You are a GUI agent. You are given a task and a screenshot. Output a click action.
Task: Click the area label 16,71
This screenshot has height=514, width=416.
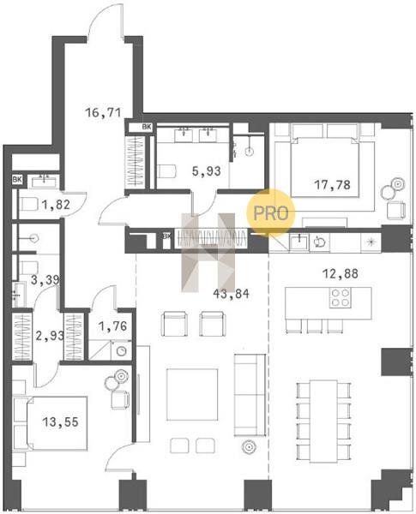103,113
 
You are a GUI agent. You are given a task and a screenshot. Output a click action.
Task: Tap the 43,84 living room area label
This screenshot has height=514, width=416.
231,294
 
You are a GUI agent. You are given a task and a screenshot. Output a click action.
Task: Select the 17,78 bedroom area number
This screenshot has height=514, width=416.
332,185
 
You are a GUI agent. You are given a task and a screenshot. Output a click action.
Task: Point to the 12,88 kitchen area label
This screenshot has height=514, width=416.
341,273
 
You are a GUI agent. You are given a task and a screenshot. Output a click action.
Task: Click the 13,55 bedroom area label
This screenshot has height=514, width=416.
61,421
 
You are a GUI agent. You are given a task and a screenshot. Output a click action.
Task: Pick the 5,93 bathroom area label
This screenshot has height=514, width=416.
206,170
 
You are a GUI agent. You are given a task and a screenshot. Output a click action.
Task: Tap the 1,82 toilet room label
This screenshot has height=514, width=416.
56,205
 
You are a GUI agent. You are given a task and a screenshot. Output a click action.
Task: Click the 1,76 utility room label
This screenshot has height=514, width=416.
112,326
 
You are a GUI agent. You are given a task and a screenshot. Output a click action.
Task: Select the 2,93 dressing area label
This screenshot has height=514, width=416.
49,336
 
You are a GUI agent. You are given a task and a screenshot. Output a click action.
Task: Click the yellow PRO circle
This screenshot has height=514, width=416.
271,212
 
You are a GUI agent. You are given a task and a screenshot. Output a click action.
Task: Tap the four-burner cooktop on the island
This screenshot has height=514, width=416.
341,297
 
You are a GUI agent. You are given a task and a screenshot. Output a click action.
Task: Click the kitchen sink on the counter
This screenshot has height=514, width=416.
298,242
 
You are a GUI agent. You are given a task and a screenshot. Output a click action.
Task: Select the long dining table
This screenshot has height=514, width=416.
323,421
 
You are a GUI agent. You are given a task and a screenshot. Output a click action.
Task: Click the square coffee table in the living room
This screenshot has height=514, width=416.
192,394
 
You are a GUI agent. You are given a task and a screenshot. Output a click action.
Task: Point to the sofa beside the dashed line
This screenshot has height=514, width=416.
250,395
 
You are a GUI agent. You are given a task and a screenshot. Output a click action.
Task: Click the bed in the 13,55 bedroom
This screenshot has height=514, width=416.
51,423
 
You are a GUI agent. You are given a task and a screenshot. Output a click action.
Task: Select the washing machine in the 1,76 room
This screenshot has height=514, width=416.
122,350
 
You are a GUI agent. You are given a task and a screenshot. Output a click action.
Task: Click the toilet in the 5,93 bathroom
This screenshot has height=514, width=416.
166,171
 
